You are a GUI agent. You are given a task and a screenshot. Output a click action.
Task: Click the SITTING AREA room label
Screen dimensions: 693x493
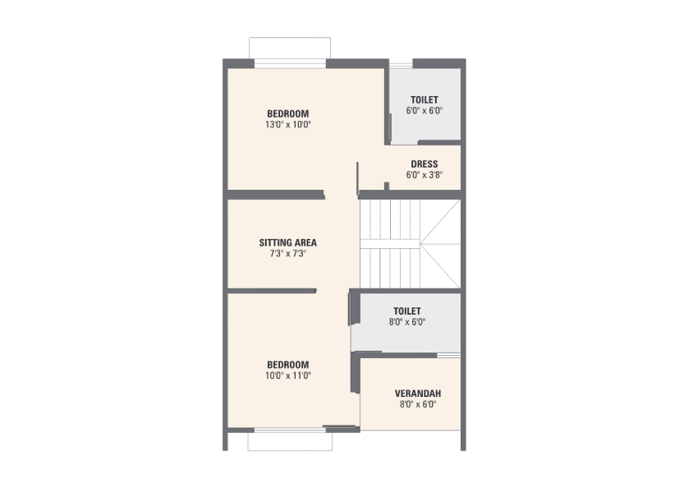287,242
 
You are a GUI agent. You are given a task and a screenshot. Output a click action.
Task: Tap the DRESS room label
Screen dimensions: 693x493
425,164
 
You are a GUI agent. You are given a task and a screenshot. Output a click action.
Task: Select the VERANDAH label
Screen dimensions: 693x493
418,394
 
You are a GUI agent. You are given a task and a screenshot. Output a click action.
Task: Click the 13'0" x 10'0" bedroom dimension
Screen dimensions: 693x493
287,125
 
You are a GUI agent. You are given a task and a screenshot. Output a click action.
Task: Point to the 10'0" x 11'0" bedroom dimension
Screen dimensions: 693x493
287,376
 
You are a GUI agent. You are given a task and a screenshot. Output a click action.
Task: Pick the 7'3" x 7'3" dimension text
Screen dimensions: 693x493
287,254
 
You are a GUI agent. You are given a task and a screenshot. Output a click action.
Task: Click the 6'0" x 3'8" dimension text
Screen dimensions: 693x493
425,175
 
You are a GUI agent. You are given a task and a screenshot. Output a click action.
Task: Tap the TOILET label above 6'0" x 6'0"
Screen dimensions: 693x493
425,100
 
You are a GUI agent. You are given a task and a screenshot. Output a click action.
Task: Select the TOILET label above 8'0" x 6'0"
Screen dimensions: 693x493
407,311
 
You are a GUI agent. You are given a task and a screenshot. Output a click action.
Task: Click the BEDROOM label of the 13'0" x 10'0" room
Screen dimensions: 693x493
287,113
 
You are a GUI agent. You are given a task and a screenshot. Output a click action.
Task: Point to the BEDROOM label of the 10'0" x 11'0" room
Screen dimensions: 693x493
287,365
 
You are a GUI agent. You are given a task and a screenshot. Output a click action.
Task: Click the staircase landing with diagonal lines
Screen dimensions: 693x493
440,244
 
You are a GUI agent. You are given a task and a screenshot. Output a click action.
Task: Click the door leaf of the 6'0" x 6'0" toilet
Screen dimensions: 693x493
391,128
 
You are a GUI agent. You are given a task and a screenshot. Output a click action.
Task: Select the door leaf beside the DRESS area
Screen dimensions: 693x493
357,178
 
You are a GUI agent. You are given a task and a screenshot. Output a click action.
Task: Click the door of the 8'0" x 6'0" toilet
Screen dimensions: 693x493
354,309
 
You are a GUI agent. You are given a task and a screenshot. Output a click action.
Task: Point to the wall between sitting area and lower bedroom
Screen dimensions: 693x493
272,291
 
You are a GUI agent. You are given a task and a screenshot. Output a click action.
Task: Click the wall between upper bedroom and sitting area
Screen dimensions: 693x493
276,195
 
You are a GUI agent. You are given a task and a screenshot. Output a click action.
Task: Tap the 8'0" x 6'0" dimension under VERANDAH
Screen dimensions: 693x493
418,404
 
